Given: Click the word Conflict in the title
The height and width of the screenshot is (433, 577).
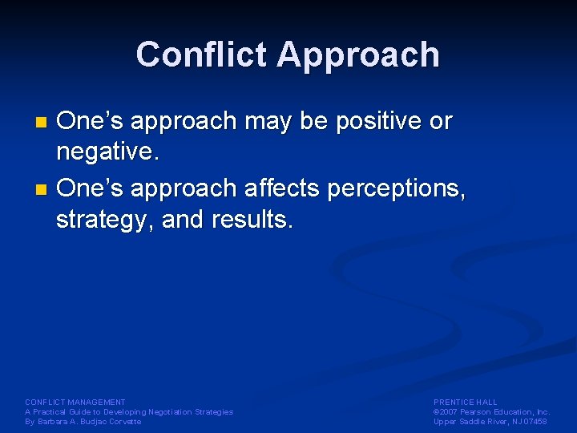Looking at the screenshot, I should coord(202,55).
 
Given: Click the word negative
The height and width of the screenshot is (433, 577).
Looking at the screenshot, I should coord(104,152).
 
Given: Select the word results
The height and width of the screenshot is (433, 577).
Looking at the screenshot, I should coord(252,219).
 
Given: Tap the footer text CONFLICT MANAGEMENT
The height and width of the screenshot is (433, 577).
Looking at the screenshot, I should coord(75,402).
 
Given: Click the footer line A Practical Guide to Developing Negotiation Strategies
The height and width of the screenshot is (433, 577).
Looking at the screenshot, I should coord(129,411).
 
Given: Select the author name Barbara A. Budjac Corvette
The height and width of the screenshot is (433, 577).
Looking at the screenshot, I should coord(83,421).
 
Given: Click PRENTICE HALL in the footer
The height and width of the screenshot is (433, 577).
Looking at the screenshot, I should coord(465,402).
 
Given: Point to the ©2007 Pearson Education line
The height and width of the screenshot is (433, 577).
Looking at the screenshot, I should coord(491,411).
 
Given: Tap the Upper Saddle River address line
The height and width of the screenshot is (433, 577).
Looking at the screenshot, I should coord(490,421).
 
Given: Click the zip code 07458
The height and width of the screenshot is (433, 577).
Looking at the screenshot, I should coord(535,421).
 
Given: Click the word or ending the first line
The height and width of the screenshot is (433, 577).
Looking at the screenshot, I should coord(441,123).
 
